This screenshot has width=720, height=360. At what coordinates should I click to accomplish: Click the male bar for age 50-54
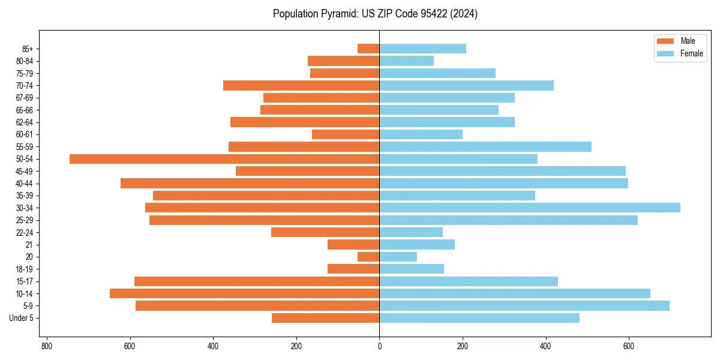(x=224, y=159)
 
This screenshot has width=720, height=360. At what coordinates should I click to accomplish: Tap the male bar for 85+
(x=368, y=49)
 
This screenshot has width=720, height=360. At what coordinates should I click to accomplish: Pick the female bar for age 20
(x=398, y=257)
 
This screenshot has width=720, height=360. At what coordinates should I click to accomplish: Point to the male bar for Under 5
(x=325, y=318)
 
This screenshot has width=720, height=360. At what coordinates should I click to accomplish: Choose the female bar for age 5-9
(x=524, y=306)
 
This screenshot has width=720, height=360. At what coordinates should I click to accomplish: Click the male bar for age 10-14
(x=244, y=293)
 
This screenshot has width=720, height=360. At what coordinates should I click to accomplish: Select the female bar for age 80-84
(x=406, y=61)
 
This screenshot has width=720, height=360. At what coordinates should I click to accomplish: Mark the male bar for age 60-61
(x=346, y=134)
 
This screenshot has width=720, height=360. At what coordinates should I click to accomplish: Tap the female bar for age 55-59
(x=485, y=147)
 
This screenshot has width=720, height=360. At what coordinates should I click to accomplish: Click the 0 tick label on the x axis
(x=379, y=346)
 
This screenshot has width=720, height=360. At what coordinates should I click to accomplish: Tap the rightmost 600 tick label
(x=629, y=346)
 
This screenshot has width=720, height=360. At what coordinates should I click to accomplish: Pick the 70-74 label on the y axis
(x=25, y=86)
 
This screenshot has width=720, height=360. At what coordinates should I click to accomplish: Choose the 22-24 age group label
(x=25, y=233)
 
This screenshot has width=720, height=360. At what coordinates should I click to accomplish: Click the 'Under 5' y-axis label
(x=21, y=318)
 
